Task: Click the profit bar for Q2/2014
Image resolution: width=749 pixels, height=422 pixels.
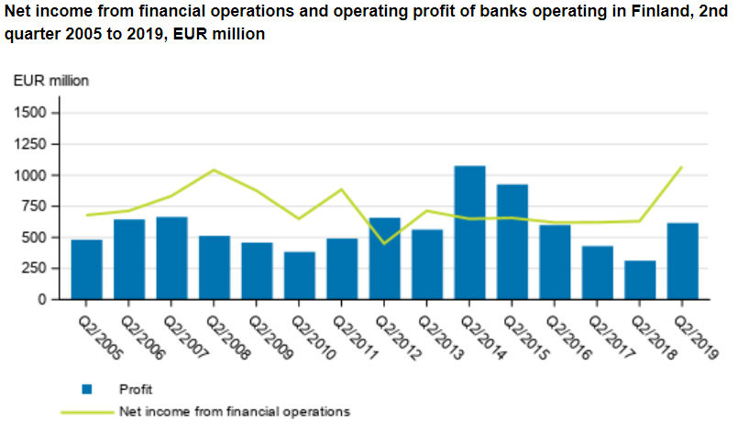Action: tap(469, 233)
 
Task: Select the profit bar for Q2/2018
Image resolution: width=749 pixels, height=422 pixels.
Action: tap(640, 280)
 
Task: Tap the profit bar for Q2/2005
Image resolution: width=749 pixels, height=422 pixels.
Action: tap(87, 270)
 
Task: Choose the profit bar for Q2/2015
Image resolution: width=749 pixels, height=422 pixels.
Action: tap(512, 242)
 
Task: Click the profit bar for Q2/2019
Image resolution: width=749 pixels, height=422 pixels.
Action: tap(682, 261)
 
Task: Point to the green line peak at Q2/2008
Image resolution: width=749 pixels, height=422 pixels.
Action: tap(214, 170)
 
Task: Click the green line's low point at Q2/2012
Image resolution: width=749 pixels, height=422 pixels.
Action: tap(384, 243)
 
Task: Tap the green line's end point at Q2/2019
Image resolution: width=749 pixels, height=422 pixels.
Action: tap(682, 167)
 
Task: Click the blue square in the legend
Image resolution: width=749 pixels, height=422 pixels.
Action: tap(87, 389)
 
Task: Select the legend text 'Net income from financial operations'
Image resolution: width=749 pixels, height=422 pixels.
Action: tap(234, 412)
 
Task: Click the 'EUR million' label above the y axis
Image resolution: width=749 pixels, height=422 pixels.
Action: tap(50, 81)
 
